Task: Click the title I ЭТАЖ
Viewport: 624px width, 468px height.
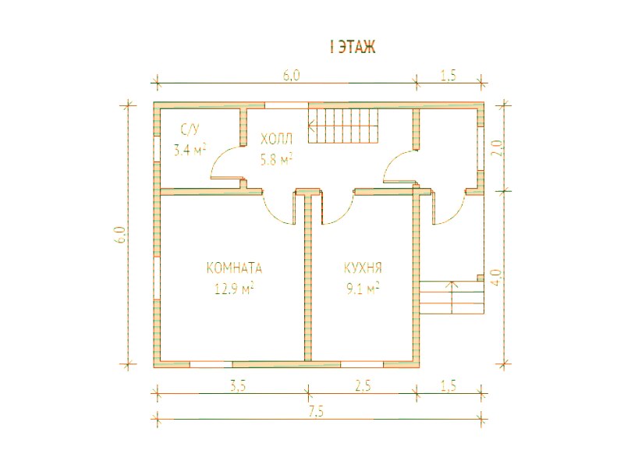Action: [x=353, y=47]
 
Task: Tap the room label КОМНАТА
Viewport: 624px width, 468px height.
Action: [x=235, y=268]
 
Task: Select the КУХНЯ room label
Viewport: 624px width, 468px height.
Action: [x=363, y=268]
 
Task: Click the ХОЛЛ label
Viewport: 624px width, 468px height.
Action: [x=277, y=140]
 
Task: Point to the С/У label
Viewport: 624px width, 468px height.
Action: [x=190, y=129]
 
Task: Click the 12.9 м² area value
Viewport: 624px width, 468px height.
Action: [x=235, y=289]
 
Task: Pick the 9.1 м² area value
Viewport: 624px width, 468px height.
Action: [x=363, y=289]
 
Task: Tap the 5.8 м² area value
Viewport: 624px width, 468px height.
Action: [x=277, y=160]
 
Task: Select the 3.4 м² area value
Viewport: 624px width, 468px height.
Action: [x=190, y=151]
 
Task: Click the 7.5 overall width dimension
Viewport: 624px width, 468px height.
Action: [x=316, y=412]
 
